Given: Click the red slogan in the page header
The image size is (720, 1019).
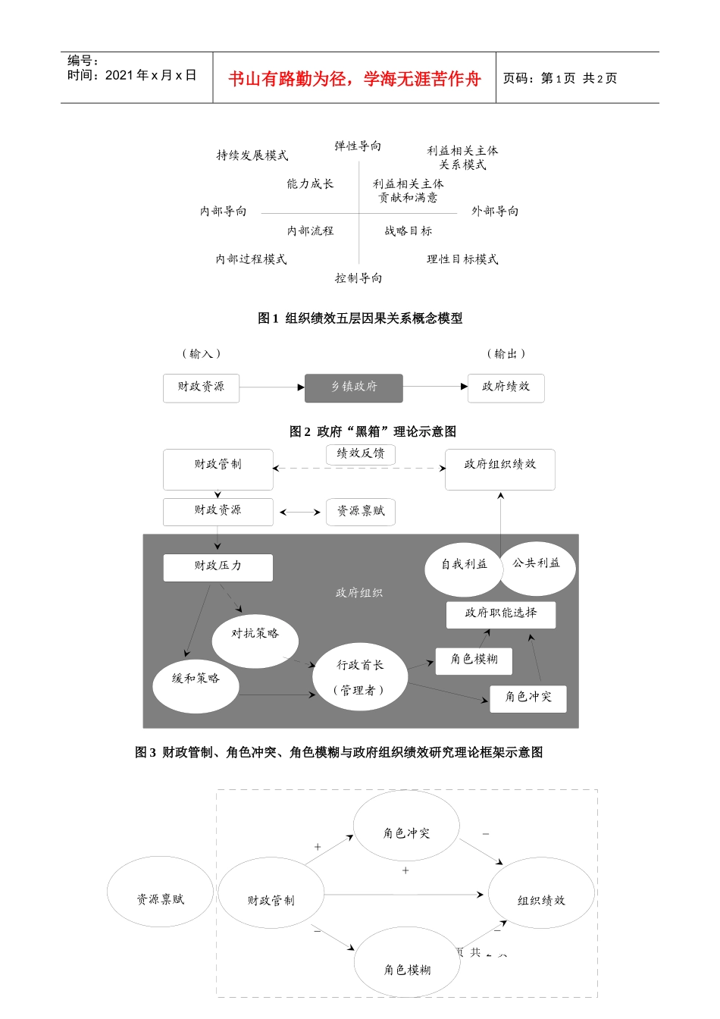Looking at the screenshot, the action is click(354, 79).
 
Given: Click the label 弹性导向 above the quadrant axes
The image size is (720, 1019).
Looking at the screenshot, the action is click(358, 146).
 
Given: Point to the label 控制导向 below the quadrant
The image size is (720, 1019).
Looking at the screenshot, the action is click(358, 278).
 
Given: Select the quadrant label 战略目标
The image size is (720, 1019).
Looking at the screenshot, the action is click(408, 231).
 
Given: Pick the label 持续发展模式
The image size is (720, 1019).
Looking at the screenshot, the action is click(252, 155).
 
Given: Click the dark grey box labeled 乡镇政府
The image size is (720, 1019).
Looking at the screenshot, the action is click(354, 387).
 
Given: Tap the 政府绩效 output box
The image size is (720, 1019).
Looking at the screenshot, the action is click(506, 387).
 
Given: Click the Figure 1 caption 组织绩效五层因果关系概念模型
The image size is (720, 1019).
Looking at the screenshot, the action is click(360, 318).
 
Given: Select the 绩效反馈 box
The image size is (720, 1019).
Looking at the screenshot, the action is click(361, 453).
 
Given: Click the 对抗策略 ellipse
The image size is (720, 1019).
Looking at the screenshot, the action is click(255, 641).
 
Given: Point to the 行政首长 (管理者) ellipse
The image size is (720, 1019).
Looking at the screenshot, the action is click(360, 677).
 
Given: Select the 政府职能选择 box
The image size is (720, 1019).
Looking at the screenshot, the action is click(500, 614).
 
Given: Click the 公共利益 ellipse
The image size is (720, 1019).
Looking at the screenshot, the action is click(537, 567).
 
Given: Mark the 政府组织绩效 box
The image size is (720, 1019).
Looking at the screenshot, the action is click(499, 469).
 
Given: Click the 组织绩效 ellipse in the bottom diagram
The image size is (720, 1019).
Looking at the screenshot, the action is click(541, 899).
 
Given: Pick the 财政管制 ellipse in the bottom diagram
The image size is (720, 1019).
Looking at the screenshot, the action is click(271, 899).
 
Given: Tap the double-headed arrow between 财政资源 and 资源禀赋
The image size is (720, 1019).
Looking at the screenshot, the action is click(300, 513).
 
